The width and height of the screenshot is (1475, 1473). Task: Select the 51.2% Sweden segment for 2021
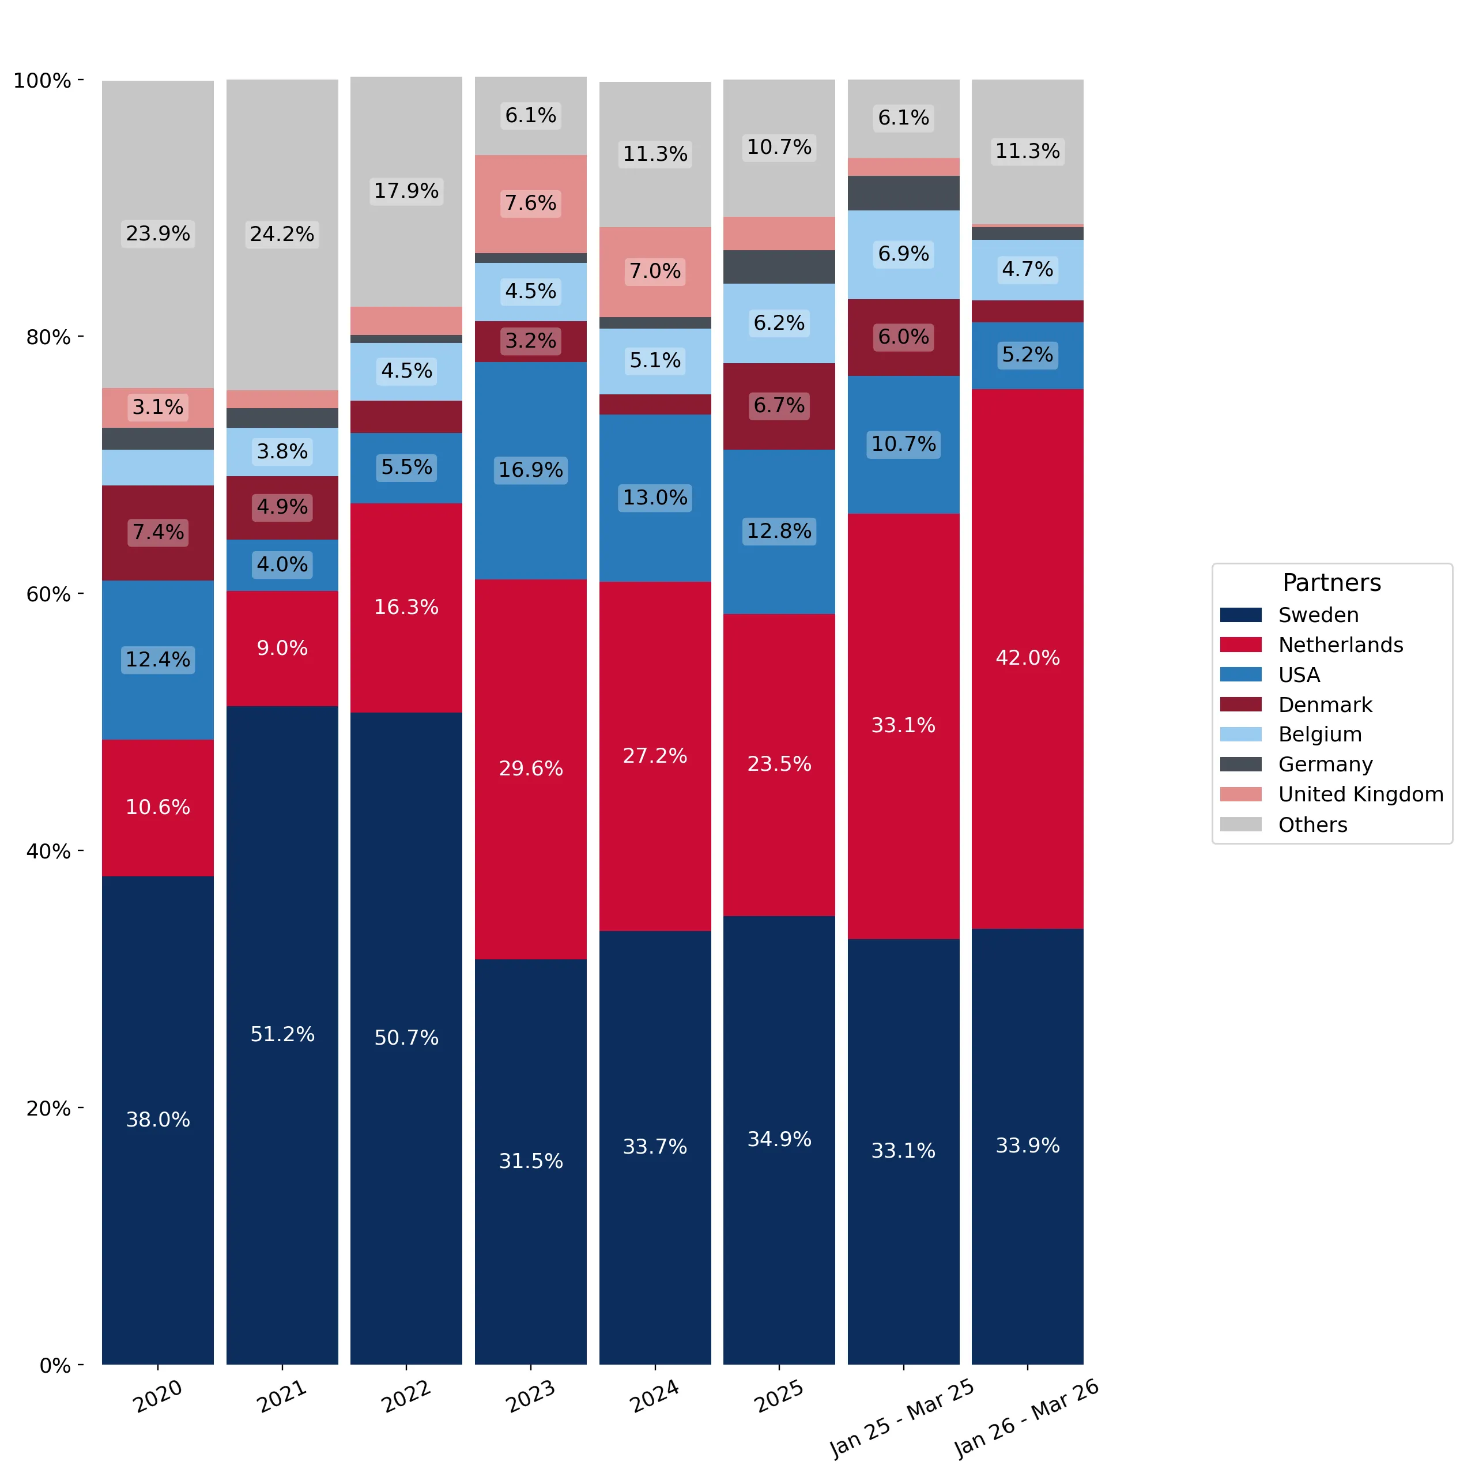[282, 1035]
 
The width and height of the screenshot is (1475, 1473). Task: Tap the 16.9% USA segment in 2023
[531, 470]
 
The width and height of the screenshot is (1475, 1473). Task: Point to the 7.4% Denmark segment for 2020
[158, 533]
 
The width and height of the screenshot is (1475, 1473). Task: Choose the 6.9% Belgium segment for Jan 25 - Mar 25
[903, 254]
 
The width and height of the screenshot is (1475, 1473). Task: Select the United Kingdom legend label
[1360, 794]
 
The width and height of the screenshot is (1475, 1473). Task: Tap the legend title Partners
[1331, 583]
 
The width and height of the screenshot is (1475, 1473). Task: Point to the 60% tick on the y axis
[80, 594]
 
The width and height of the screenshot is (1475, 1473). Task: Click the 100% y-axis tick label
[42, 80]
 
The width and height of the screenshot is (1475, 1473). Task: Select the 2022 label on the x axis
[406, 1396]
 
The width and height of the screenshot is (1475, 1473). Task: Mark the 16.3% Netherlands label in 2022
[406, 607]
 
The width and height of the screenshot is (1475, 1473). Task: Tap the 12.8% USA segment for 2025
[779, 532]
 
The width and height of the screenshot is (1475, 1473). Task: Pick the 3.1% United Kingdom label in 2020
[158, 407]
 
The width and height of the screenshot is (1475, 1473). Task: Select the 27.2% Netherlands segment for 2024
[655, 756]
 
